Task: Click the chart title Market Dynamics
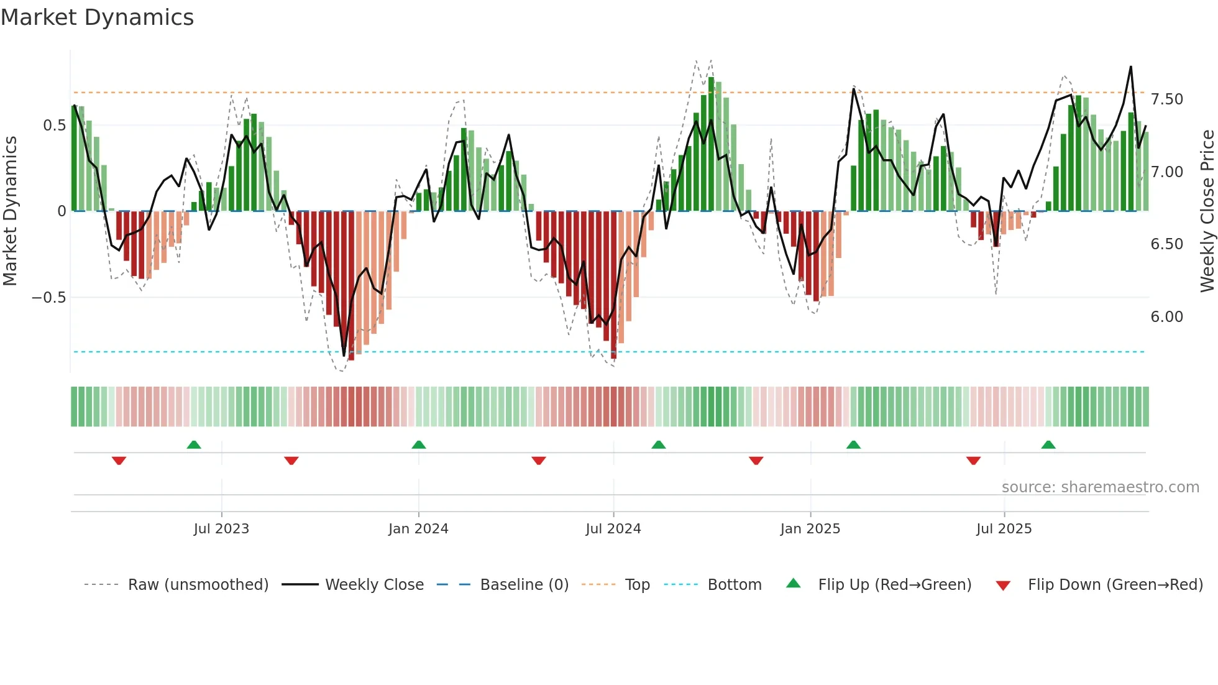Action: pos(97,17)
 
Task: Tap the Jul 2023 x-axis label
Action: pos(221,529)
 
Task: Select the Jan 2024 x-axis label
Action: pos(418,529)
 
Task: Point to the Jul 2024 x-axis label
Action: pos(613,529)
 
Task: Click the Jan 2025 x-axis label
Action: pos(810,529)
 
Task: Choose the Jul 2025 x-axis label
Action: pos(1004,529)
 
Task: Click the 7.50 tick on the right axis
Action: pos(1166,99)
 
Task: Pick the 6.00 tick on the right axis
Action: pos(1166,317)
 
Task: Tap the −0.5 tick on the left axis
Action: pos(49,298)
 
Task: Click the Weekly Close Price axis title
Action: pos(1207,211)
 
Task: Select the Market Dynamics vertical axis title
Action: pos(10,211)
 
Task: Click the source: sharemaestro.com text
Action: pos(1100,487)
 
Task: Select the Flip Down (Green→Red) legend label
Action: pos(1115,585)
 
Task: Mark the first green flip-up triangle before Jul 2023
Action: pos(194,444)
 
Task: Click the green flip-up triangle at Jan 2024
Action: pos(419,444)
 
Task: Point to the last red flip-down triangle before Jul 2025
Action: pos(973,461)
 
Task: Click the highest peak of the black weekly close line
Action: pos(1130,67)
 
